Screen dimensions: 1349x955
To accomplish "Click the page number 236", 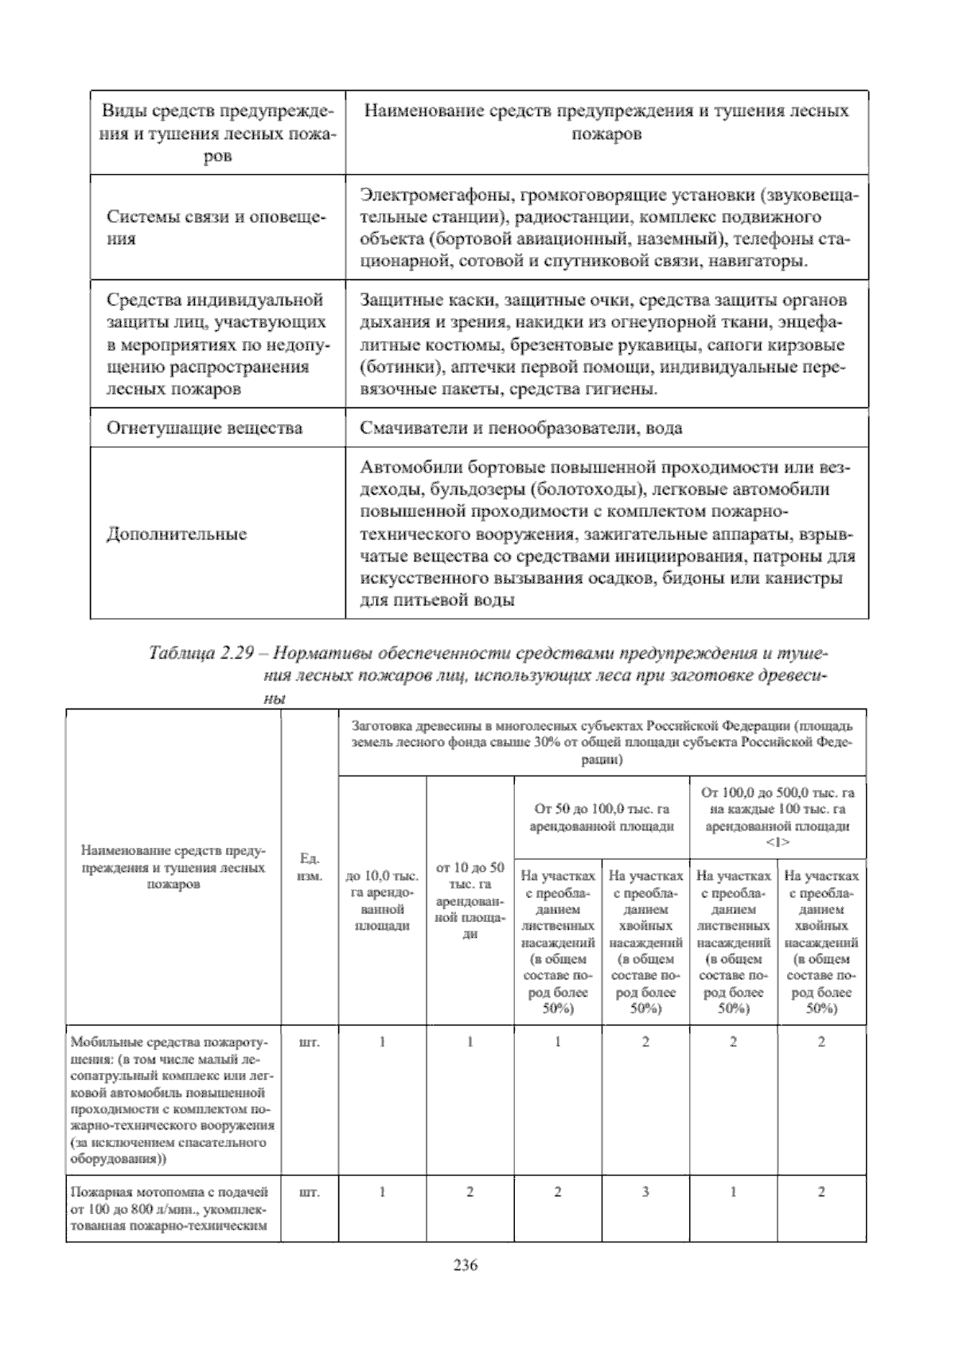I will [x=464, y=1265].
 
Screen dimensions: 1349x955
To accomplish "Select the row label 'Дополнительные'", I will [x=177, y=534].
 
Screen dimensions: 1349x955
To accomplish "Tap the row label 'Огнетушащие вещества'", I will [x=205, y=428].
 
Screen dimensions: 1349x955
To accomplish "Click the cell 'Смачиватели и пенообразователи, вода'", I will [x=520, y=428].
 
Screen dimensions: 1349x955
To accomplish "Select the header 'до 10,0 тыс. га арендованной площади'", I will [x=382, y=900].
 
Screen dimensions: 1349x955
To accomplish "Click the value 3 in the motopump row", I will [x=645, y=1192].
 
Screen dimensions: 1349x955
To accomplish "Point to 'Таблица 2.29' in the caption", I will [x=201, y=653].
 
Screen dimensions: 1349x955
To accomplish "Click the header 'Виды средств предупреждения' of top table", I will [x=217, y=111].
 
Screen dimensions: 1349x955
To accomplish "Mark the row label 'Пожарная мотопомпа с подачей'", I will [x=170, y=1192].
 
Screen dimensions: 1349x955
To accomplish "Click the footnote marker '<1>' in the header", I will [x=778, y=842].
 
